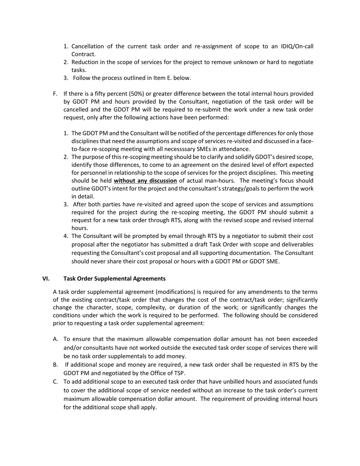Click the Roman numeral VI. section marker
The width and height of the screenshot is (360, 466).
click(x=46, y=278)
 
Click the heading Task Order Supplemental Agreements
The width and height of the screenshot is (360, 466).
click(x=114, y=278)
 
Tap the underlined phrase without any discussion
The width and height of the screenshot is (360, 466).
click(x=145, y=181)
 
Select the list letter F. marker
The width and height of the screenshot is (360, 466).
click(x=56, y=94)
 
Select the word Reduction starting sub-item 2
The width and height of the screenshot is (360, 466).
click(x=86, y=62)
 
